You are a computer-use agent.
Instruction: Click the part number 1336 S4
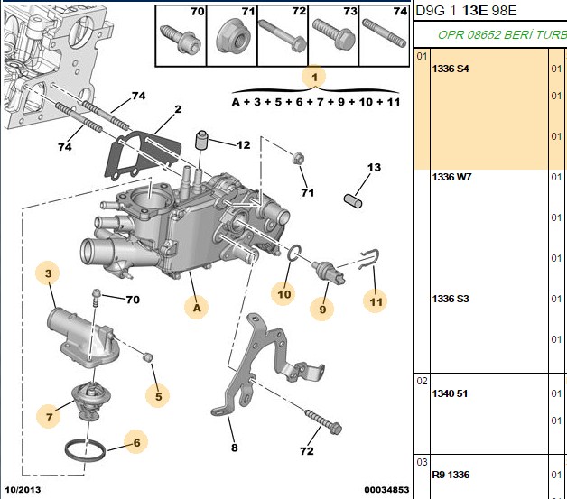(x=451, y=69)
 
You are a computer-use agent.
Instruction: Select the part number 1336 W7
(x=451, y=177)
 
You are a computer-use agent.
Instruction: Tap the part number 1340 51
(x=450, y=393)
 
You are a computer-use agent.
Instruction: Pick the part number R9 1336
(x=451, y=475)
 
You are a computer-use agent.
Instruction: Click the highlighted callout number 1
(x=314, y=77)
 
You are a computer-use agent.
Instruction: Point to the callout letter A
(x=197, y=308)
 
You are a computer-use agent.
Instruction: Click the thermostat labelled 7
(x=88, y=402)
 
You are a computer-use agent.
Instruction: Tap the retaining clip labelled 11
(x=369, y=259)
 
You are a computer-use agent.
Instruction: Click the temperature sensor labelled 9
(x=329, y=273)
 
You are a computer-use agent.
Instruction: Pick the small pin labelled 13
(x=352, y=201)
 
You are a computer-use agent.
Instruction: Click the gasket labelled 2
(x=143, y=157)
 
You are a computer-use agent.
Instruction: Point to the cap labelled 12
(x=202, y=140)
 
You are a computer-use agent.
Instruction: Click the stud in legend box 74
(x=384, y=33)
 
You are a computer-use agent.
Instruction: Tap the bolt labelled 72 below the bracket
(x=323, y=421)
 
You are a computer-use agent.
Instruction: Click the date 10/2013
(x=23, y=490)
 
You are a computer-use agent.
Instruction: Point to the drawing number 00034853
(x=386, y=490)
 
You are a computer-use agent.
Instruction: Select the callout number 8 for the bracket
(x=235, y=448)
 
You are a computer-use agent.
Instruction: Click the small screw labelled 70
(x=97, y=297)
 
